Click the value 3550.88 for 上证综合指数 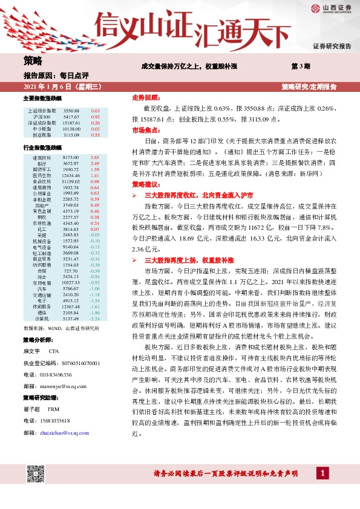coord(71,111)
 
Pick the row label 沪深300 coord(42,117)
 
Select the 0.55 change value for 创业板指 coord(95,135)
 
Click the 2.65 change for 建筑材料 coord(95,157)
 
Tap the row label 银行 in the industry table coord(42,163)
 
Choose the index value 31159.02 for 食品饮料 coord(71,181)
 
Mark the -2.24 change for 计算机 coord(95,319)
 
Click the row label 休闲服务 coord(42,306)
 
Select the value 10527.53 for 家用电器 coord(71,283)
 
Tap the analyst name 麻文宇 coord(31,351)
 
